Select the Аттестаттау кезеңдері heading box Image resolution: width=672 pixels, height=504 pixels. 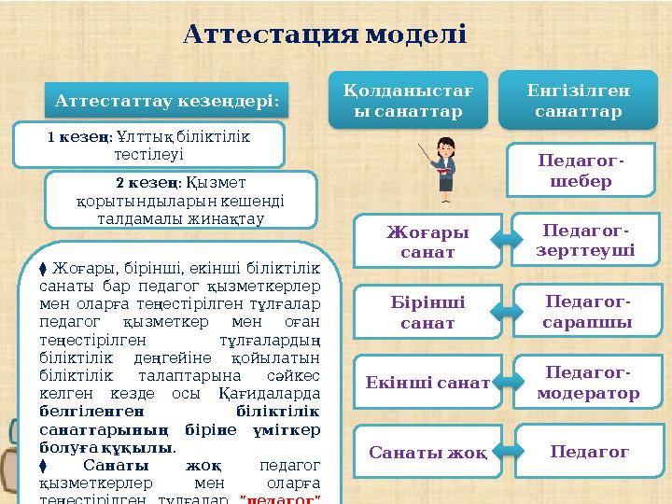point(167,99)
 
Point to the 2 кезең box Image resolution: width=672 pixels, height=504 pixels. point(181,200)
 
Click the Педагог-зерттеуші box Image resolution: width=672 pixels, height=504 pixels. point(588,240)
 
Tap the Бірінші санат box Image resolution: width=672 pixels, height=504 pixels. point(427,312)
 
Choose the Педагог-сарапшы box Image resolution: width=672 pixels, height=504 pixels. point(588,311)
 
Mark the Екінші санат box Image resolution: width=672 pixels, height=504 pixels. point(427,382)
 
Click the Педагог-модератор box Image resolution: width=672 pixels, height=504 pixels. point(588,382)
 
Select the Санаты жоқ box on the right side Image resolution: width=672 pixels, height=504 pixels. point(427,453)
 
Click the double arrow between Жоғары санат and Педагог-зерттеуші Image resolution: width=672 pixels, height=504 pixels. point(504,240)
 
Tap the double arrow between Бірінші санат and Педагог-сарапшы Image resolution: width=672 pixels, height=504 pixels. point(504,311)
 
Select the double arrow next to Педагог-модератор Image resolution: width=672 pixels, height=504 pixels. point(504,382)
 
